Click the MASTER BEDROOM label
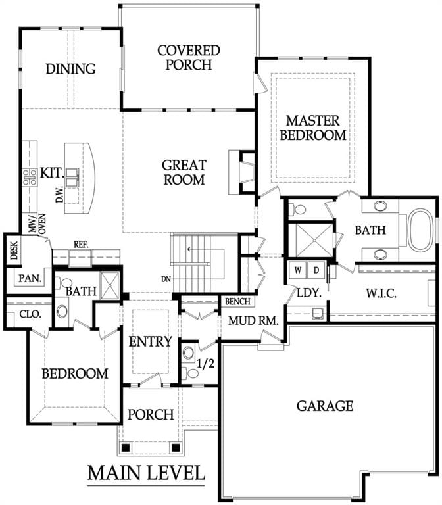pyautogui.click(x=313, y=128)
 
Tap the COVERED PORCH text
pyautogui.click(x=189, y=58)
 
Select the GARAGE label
pyautogui.click(x=325, y=406)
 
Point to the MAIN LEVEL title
pyautogui.click(x=146, y=473)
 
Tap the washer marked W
pyautogui.click(x=298, y=270)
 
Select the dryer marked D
pyautogui.click(x=316, y=270)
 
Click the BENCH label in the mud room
pyautogui.click(x=237, y=301)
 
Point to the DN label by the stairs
pyautogui.click(x=166, y=279)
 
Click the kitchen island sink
pyautogui.click(x=72, y=178)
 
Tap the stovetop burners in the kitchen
pyautogui.click(x=30, y=178)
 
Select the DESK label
pyautogui.click(x=14, y=251)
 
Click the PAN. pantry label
pyautogui.click(x=30, y=278)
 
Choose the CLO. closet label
pyautogui.click(x=30, y=314)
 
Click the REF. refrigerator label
pyautogui.click(x=81, y=244)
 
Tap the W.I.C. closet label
pyautogui.click(x=381, y=293)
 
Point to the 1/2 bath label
pyautogui.click(x=205, y=364)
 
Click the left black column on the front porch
pyautogui.click(x=126, y=447)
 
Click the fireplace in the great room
pyautogui.click(x=241, y=172)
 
